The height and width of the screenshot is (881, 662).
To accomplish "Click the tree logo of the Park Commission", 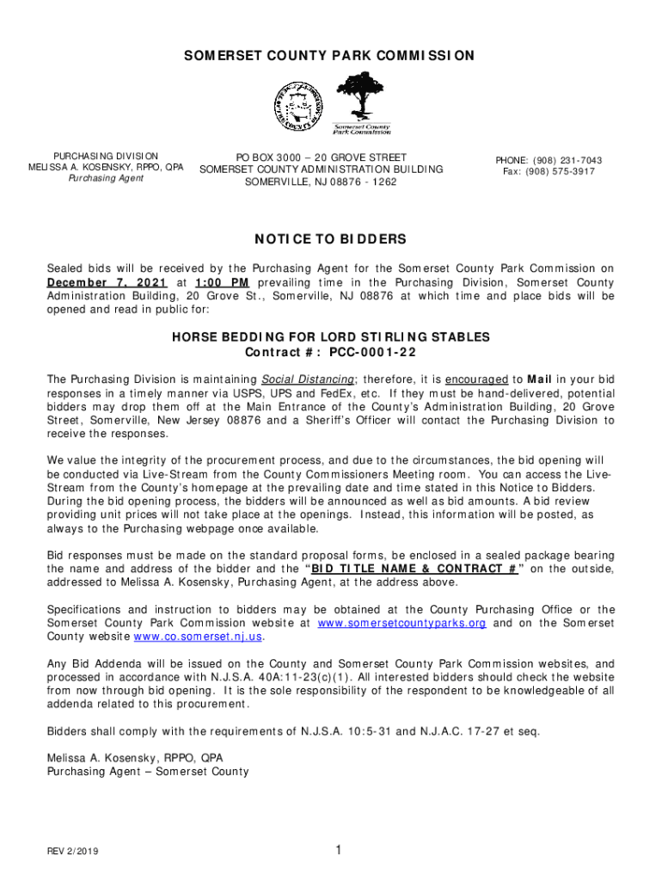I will coord(361,102).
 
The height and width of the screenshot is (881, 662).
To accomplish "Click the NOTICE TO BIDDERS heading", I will coord(331,239).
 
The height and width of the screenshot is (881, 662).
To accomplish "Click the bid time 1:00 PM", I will coord(222,282).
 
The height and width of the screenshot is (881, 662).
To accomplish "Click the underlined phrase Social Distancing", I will coord(308,379).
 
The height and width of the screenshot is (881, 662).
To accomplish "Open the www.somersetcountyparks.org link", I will coord(401,623).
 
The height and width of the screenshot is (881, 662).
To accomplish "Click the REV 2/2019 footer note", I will coord(73,851).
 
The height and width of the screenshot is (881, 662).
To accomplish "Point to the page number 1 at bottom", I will coord(339,850).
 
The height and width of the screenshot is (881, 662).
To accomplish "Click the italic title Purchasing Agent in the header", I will coord(106,178).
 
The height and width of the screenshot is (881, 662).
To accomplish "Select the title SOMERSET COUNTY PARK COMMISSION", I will coord(331,56).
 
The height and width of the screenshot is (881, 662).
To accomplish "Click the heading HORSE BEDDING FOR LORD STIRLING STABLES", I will coord(331,338).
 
